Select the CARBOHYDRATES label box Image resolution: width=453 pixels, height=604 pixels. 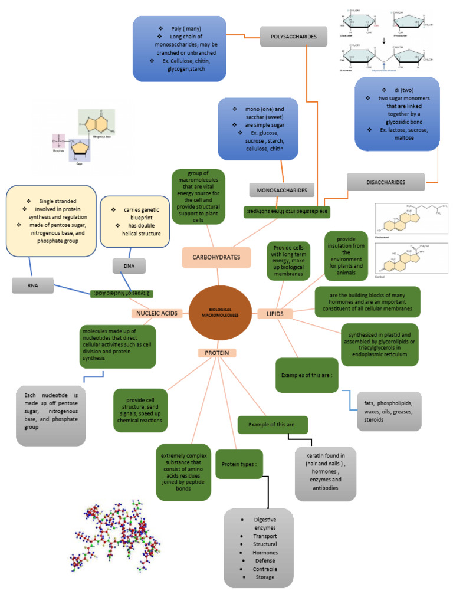click(x=216, y=257)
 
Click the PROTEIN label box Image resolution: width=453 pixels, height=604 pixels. click(x=216, y=353)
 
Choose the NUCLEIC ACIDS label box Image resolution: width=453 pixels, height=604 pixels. click(x=156, y=313)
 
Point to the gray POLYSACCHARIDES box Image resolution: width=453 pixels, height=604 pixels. click(x=294, y=37)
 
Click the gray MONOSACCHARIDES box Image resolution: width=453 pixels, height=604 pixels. click(x=282, y=190)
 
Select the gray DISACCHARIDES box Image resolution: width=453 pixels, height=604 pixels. click(x=385, y=182)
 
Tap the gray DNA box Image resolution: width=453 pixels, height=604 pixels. click(x=129, y=266)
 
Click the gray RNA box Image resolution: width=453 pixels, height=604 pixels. click(x=32, y=286)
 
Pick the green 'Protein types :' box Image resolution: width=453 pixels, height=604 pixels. click(x=239, y=464)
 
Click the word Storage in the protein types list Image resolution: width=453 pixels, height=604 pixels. click(x=265, y=577)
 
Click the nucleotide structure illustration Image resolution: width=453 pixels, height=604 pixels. click(x=83, y=136)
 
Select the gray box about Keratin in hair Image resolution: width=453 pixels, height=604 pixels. click(x=325, y=472)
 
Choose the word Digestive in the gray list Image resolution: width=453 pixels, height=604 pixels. click(x=260, y=519)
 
